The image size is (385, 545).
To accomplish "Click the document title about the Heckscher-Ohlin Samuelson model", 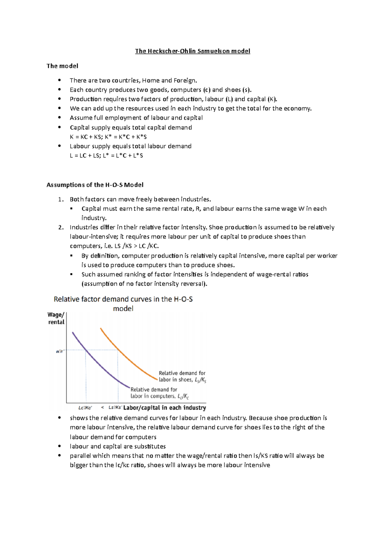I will pyautogui.click(x=193, y=51).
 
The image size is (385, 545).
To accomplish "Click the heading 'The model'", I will pyautogui.click(x=62, y=66).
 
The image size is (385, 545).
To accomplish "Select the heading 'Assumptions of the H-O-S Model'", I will pyautogui.click(x=95, y=185).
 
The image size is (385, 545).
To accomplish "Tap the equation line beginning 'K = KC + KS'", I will pyautogui.click(x=108, y=137).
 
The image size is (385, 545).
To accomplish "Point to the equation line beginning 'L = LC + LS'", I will pyautogui.click(x=106, y=155).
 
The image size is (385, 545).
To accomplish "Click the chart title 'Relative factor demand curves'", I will pyautogui.click(x=123, y=299).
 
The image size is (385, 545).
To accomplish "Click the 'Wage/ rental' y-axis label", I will pyautogui.click(x=56, y=318).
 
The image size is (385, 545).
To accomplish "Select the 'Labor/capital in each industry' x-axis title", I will pyautogui.click(x=165, y=408).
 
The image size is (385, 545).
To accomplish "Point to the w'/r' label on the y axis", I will pyautogui.click(x=60, y=351).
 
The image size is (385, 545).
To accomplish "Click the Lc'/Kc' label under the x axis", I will pyautogui.click(x=85, y=408).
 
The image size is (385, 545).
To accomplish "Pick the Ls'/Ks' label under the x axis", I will pyautogui.click(x=115, y=408).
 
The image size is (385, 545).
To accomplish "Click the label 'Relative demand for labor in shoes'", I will pyautogui.click(x=182, y=376).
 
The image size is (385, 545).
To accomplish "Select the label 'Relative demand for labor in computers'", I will pyautogui.click(x=159, y=393).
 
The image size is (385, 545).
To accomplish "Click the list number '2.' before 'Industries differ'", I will pyautogui.click(x=61, y=227).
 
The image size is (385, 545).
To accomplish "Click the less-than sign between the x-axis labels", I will pyautogui.click(x=102, y=408).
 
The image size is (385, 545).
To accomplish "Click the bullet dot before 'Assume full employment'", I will pyautogui.click(x=59, y=117).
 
